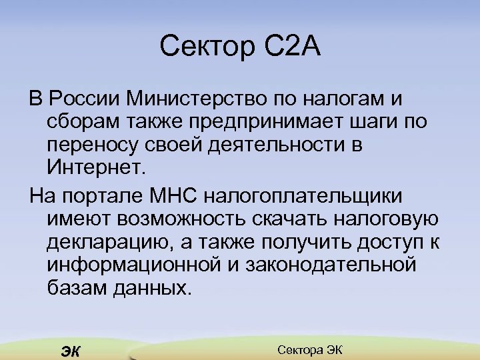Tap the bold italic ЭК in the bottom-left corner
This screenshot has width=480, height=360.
click(69, 351)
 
